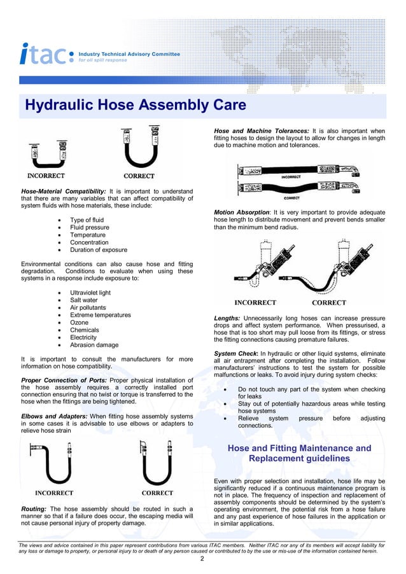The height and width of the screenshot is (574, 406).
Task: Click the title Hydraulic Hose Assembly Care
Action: tap(135, 105)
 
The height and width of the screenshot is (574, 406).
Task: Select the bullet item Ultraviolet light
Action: tap(90, 293)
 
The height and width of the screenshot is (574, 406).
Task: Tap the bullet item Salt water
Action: tap(84, 300)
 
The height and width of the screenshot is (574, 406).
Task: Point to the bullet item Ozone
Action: tap(80, 323)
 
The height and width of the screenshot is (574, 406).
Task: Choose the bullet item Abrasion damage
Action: tap(94, 345)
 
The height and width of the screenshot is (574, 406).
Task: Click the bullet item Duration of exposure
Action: tap(99, 250)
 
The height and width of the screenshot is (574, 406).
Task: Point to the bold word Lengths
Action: tap(227, 318)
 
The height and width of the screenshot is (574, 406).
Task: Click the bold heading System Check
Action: tap(236, 353)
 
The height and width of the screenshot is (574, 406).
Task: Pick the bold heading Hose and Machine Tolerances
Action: tap(261, 131)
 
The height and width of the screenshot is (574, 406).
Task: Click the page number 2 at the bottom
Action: tap(202, 559)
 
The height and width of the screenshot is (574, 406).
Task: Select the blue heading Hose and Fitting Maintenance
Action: tap(299, 448)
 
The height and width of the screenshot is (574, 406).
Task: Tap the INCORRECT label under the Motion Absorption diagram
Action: tap(256, 303)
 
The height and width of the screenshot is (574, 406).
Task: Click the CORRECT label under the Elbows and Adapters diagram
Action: tap(157, 493)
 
